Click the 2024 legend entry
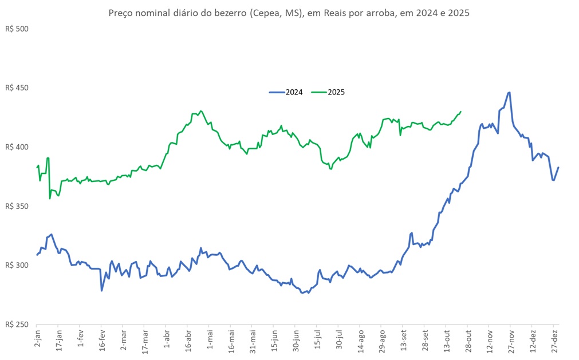click(x=294, y=92)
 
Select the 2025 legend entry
click(x=336, y=92)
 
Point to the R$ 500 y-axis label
click(x=17, y=29)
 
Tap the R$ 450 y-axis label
click(x=17, y=88)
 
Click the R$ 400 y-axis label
click(x=17, y=147)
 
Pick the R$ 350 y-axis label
click(x=17, y=206)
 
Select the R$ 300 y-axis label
click(x=17, y=266)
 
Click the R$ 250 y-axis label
click(x=17, y=325)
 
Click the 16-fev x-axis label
click(x=101, y=341)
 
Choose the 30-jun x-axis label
click(x=296, y=341)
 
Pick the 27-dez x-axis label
click(x=554, y=341)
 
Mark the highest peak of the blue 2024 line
click(x=509, y=92)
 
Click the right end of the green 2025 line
click(x=461, y=112)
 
